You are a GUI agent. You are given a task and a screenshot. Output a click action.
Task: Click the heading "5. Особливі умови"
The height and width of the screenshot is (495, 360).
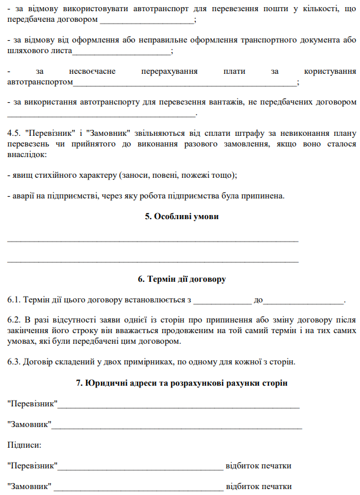pyautogui.click(x=182, y=217)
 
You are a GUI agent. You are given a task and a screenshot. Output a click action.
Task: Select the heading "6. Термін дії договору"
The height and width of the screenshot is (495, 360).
pyautogui.click(x=182, y=279)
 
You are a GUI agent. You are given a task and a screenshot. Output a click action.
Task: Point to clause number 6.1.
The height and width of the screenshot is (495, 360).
pyautogui.click(x=14, y=300)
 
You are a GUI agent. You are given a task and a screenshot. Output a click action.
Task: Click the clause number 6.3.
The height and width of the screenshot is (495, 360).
pyautogui.click(x=14, y=362)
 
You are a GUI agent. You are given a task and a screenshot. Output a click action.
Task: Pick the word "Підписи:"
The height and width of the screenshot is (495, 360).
pyautogui.click(x=24, y=444)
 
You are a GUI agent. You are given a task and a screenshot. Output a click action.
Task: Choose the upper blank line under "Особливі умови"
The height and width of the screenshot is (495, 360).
pyautogui.click(x=152, y=240)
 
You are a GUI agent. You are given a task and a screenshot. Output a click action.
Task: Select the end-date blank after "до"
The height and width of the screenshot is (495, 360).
pyautogui.click(x=303, y=301)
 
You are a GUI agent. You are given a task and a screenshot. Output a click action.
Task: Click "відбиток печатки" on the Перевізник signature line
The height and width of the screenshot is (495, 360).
pyautogui.click(x=258, y=465)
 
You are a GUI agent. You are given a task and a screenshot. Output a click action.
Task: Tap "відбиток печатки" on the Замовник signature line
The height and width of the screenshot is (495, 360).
pyautogui.click(x=258, y=486)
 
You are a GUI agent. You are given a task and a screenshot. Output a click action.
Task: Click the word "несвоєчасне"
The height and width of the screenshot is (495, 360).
pyautogui.click(x=92, y=71)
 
